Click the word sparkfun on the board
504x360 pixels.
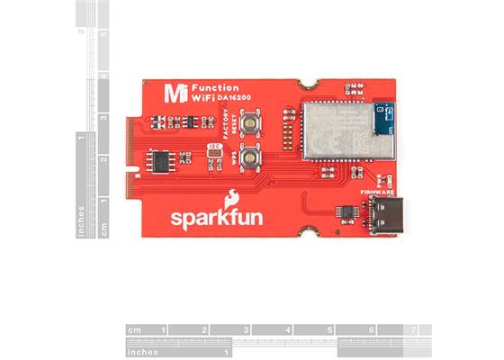point(217,220)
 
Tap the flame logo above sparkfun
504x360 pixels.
point(232,196)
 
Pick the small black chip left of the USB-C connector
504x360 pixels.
point(345,211)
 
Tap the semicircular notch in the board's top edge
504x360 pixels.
point(312,83)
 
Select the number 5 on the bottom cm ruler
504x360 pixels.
point(328,330)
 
